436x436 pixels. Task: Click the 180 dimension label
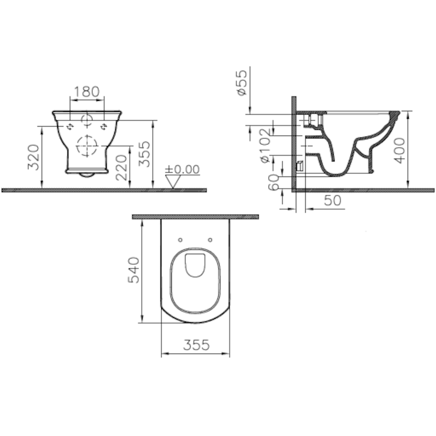pyautogui.click(x=87, y=91)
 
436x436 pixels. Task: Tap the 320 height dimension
pyautogui.click(x=34, y=157)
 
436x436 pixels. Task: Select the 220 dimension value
pyautogui.click(x=121, y=168)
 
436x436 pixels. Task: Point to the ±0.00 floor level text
pyautogui.click(x=182, y=169)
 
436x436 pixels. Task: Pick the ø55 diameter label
pyautogui.click(x=242, y=82)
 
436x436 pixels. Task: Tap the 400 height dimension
pyautogui.click(x=400, y=150)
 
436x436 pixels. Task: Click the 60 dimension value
pyautogui.click(x=274, y=182)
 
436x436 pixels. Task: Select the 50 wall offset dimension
pyautogui.click(x=333, y=200)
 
